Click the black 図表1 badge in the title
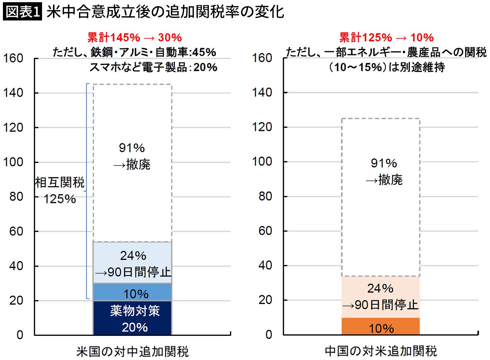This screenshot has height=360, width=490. [22, 12]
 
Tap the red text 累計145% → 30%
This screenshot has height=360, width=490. [135, 37]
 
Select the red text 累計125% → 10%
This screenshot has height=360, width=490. [386, 37]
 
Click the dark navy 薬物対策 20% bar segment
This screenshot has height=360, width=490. [132, 318]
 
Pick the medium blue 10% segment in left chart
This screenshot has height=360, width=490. [132, 292]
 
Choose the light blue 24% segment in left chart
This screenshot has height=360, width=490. [132, 262]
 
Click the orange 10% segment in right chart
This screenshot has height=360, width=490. [381, 326]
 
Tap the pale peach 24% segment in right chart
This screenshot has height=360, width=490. [381, 297]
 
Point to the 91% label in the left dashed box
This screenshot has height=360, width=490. [132, 148]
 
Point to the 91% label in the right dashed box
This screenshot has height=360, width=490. [384, 163]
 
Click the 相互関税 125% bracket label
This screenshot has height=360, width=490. [60, 190]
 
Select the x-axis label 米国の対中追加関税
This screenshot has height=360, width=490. [132, 352]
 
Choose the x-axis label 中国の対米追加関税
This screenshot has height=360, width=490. [381, 351]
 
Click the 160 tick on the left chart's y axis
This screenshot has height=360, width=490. [14, 58]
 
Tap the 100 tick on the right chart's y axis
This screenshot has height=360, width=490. [262, 162]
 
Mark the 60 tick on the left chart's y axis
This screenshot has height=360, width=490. [16, 231]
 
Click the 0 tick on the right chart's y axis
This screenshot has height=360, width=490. [269, 334]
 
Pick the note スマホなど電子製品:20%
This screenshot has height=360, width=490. [153, 67]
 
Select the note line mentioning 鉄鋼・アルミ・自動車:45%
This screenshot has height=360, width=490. [134, 52]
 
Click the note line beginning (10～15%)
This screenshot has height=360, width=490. [386, 67]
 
